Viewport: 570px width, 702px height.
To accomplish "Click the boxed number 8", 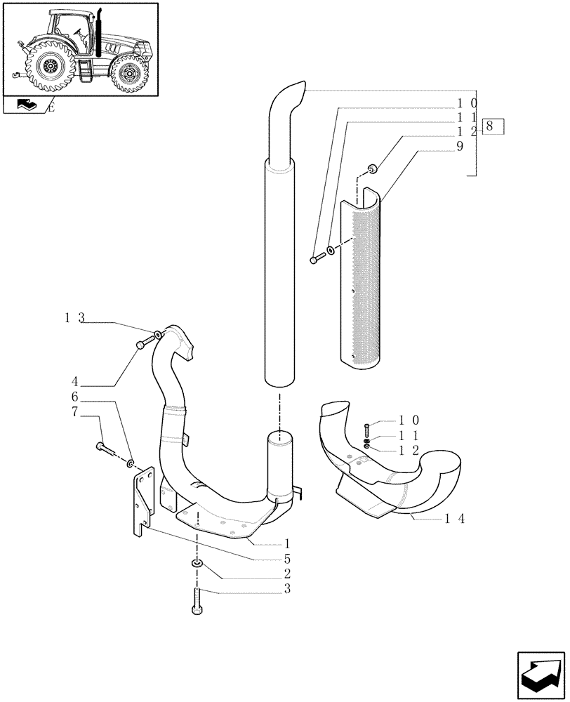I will (493, 127).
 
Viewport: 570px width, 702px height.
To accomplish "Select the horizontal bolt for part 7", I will (102, 446).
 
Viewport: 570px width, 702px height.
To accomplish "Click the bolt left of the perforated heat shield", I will (315, 259).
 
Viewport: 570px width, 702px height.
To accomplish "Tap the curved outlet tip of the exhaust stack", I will (288, 95).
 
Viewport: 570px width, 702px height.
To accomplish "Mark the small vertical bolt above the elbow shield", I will (366, 430).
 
